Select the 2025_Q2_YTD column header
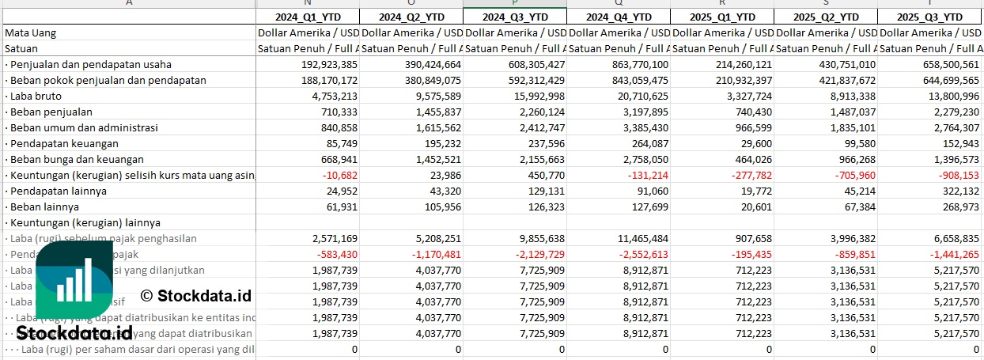[825, 17]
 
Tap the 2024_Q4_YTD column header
[618, 17]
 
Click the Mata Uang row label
[31, 32]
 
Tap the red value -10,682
[338, 175]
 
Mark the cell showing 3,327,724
[744, 96]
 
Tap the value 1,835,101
[848, 127]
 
